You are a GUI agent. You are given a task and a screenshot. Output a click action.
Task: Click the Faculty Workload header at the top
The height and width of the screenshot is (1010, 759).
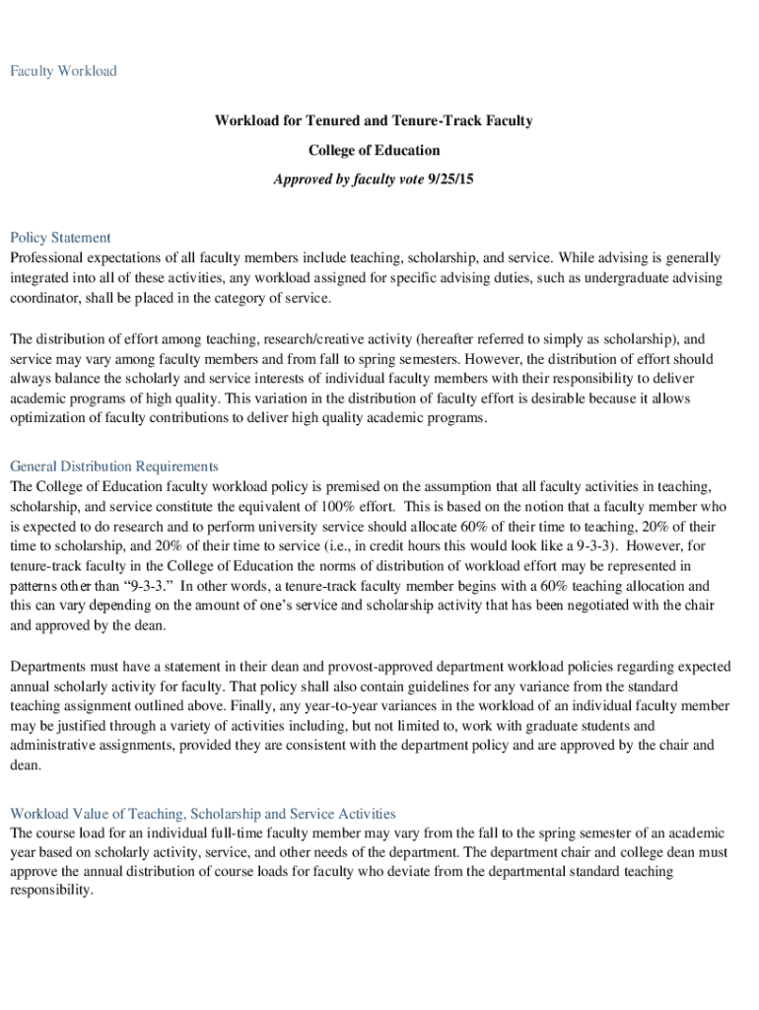(63, 71)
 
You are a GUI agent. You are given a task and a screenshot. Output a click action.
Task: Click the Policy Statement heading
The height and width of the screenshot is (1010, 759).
(60, 238)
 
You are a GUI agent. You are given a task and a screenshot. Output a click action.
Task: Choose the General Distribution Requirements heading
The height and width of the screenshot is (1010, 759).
(113, 467)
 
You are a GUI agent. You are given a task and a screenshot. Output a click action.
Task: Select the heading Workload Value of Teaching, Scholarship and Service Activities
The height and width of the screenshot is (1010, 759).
(202, 814)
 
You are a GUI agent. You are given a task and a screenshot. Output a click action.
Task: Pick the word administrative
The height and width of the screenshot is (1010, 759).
(54, 745)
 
